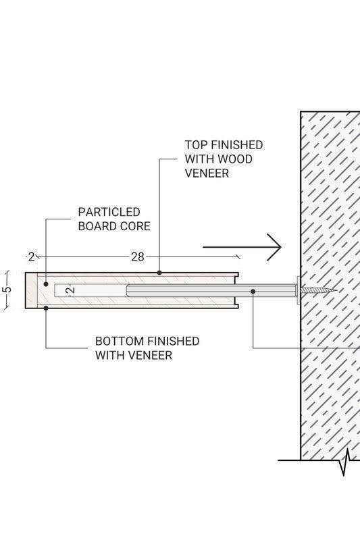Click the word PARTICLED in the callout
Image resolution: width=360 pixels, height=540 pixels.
(x=109, y=212)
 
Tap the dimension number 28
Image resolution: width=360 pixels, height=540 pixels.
(x=138, y=257)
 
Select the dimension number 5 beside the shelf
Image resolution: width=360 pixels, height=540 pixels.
(x=7, y=290)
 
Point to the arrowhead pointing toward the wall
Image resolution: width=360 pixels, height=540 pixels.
(x=275, y=247)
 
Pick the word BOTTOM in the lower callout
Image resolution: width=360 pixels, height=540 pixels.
(x=115, y=342)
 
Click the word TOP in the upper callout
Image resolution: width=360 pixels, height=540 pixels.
(x=196, y=145)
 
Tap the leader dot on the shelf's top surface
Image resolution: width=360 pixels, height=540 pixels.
(x=159, y=273)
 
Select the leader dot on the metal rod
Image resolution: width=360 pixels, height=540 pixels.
(x=253, y=292)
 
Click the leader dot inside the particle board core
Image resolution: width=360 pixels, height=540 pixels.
(x=46, y=284)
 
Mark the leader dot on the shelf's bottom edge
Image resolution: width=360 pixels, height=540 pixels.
(x=46, y=308)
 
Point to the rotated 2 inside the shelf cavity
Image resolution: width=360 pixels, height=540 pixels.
(x=71, y=290)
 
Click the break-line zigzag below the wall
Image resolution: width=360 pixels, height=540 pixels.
(x=346, y=462)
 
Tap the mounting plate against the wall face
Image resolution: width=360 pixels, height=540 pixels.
(x=298, y=290)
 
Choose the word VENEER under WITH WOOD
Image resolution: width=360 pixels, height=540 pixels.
(x=207, y=173)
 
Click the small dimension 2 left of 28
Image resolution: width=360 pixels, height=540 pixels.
(x=31, y=257)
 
